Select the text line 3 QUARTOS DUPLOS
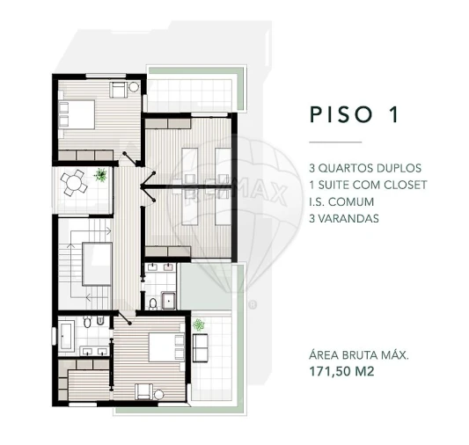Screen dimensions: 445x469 (x=365, y=168)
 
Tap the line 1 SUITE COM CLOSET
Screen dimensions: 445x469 (x=368, y=185)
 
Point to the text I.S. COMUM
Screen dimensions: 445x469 (x=341, y=201)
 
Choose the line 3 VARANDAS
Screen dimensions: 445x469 (x=344, y=218)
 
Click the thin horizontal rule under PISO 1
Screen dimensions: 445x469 (x=334, y=142)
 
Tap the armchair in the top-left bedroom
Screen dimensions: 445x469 (x=117, y=89)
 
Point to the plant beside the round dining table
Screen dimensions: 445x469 (x=101, y=175)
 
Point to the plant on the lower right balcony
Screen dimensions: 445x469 (x=199, y=325)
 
